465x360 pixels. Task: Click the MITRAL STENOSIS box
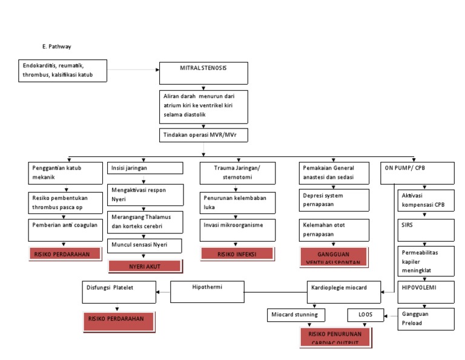click(203, 73)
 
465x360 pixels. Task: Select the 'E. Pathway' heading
click(56, 47)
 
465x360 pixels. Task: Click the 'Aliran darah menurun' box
click(203, 105)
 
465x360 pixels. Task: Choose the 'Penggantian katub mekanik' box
click(65, 173)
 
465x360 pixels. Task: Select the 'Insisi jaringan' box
click(145, 168)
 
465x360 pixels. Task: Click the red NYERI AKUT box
click(145, 266)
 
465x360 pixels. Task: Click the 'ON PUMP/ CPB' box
click(417, 173)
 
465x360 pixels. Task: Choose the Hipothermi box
click(207, 292)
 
